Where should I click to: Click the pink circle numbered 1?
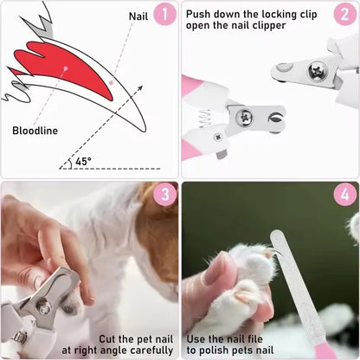(x=164, y=14)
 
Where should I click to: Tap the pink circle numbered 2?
(x=344, y=14)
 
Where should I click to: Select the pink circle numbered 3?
(x=164, y=195)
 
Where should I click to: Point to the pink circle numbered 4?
(x=344, y=195)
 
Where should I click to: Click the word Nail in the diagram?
(x=138, y=16)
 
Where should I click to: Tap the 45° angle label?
(x=83, y=161)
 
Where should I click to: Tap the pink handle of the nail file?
(x=324, y=350)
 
